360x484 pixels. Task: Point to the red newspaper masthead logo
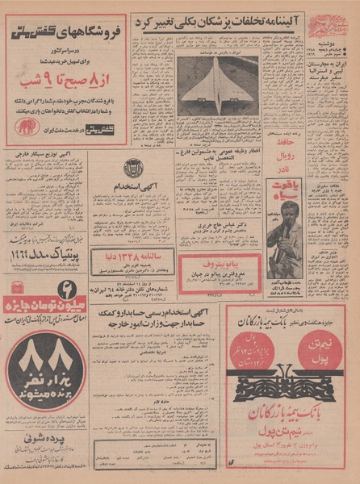click(325, 27)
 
